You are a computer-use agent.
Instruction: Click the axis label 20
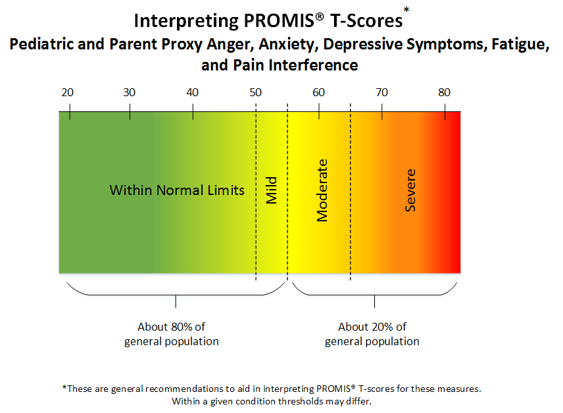(67, 92)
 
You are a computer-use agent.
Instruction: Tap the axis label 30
(130, 92)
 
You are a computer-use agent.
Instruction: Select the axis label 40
(193, 92)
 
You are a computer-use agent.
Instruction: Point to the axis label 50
(255, 92)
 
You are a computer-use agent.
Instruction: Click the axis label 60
(318, 92)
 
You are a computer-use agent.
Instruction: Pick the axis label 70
(381, 92)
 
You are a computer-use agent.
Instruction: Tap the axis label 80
(445, 92)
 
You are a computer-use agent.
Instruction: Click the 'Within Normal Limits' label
(177, 190)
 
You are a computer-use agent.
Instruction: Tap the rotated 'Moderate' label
(322, 190)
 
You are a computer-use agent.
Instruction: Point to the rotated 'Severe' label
(410, 190)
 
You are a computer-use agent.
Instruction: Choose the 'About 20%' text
(372, 327)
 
